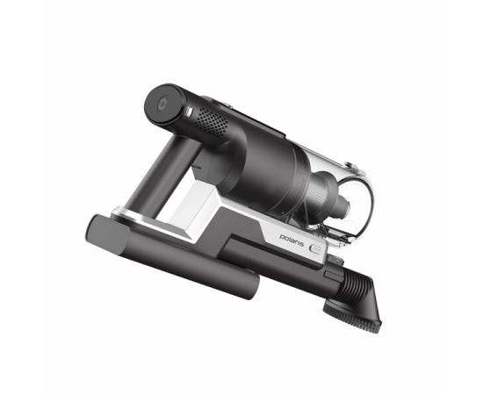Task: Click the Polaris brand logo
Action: pos(292,240)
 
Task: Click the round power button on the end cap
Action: pos(162,104)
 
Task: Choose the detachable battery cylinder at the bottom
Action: pos(171,256)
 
